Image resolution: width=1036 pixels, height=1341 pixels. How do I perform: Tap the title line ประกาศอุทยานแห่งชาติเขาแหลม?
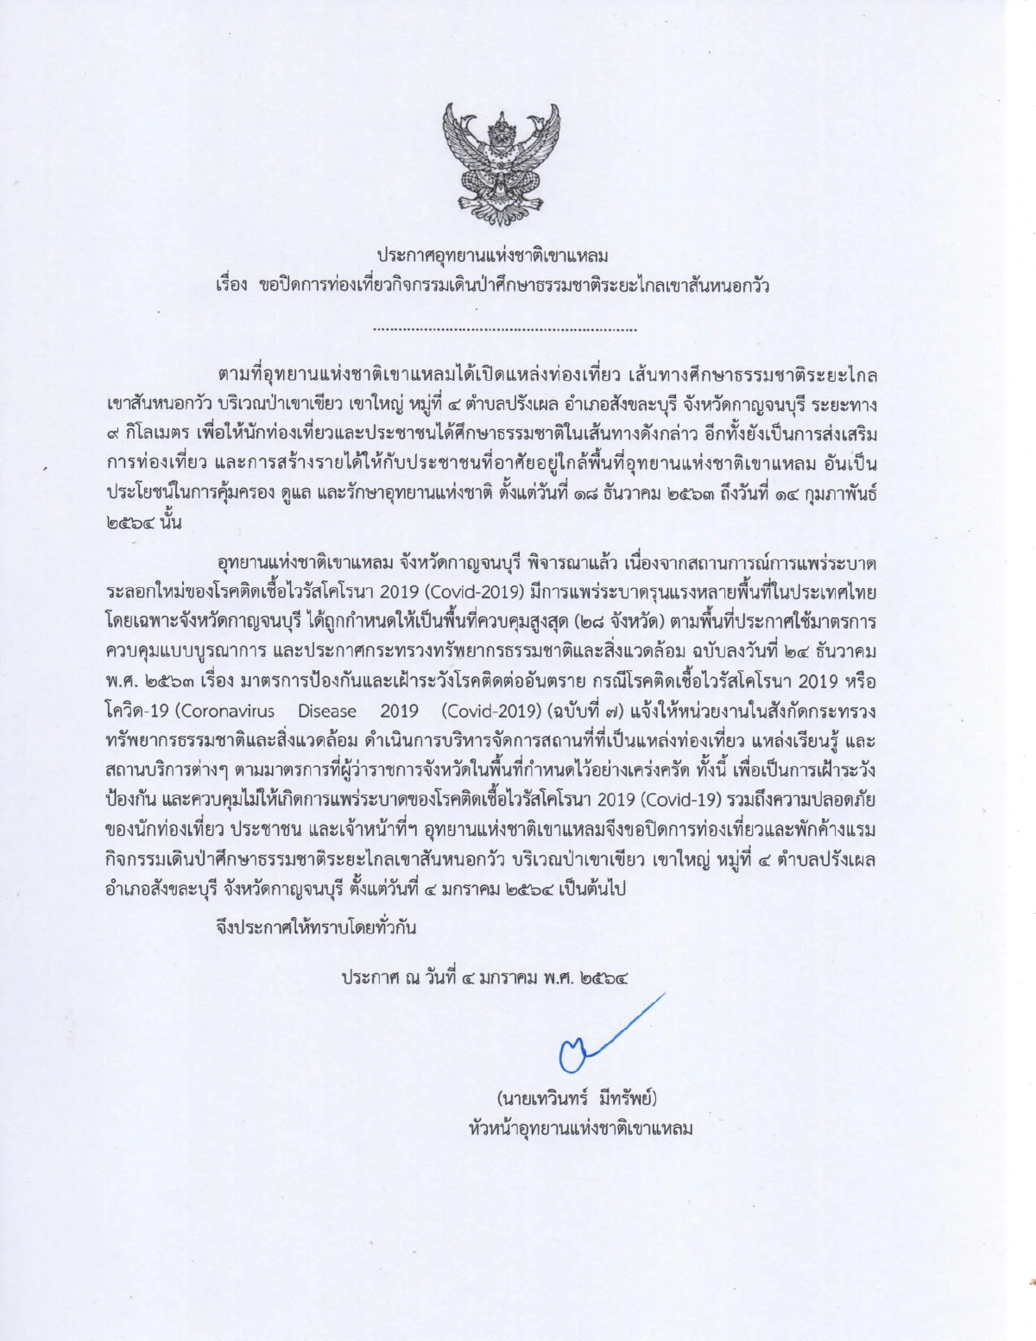pyautogui.click(x=492, y=256)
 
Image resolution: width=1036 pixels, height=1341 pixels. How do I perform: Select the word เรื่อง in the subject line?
pyautogui.click(x=231, y=284)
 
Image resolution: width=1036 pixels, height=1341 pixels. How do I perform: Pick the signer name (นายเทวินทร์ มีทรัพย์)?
pyautogui.click(x=577, y=1098)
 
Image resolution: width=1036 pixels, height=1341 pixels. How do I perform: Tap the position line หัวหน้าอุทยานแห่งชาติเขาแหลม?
pyautogui.click(x=580, y=1128)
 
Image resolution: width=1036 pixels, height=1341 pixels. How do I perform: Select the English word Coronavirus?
pyautogui.click(x=227, y=712)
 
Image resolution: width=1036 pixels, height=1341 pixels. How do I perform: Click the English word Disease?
pyautogui.click(x=327, y=712)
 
